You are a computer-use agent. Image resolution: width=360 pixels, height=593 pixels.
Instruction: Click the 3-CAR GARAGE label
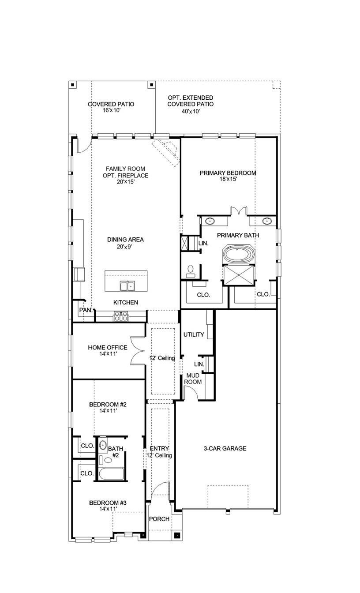pos(225,449)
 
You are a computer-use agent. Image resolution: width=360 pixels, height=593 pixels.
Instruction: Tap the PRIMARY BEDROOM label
pos(228,173)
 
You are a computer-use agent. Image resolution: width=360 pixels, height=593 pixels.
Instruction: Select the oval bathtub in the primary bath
pos(238,255)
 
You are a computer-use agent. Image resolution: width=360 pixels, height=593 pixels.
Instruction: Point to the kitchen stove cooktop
pos(120,316)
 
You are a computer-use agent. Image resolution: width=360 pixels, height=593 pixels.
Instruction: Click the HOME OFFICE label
pos(107,348)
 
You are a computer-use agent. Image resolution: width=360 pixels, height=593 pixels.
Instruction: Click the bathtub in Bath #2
pos(111,474)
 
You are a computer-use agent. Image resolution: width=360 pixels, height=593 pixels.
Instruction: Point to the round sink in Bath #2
pos(103,444)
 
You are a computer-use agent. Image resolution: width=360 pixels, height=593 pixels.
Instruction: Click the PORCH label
pos(159,519)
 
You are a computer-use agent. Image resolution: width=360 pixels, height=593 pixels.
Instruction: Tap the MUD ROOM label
pos(193,378)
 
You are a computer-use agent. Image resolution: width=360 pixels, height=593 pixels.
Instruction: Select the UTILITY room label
pos(194,334)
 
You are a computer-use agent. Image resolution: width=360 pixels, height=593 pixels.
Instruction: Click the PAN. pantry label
pos(85,310)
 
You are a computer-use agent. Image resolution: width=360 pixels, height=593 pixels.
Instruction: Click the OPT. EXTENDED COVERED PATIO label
pos(190,101)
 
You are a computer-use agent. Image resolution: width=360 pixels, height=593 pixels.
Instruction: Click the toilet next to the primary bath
pos(191,270)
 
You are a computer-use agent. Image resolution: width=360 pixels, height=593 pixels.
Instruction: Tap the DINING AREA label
pos(125,240)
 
